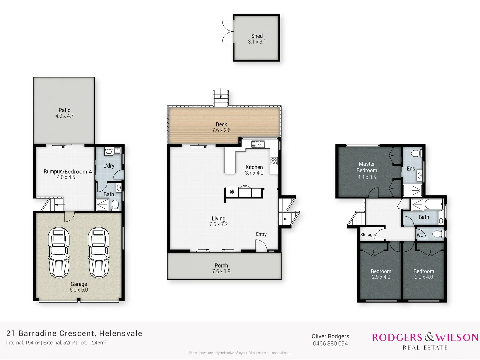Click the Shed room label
click(257, 36)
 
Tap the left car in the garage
click(59, 252)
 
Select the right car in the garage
click(99, 252)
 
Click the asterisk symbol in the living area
click(232, 192)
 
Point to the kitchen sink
click(258, 144)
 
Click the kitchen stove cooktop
click(274, 161)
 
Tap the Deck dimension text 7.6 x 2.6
click(221, 130)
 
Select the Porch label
click(221, 265)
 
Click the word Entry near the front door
click(261, 234)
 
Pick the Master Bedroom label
click(367, 167)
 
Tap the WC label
click(420, 235)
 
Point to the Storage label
click(367, 235)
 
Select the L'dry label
click(109, 166)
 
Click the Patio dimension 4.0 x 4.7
click(65, 116)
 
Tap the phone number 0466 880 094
click(330, 344)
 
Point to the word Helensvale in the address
click(121, 333)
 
